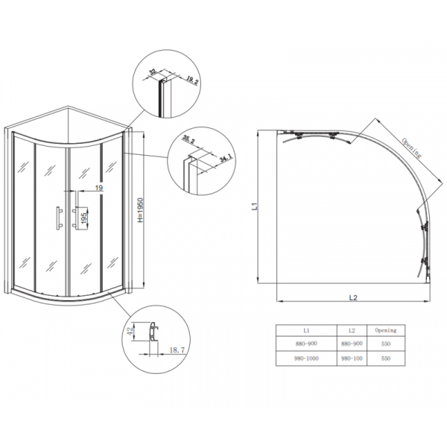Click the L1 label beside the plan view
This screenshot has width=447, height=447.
(x=253, y=207)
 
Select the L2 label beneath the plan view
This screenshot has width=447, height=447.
(x=353, y=298)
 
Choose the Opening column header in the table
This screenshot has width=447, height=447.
(x=385, y=330)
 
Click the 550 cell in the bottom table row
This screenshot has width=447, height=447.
(x=385, y=358)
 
